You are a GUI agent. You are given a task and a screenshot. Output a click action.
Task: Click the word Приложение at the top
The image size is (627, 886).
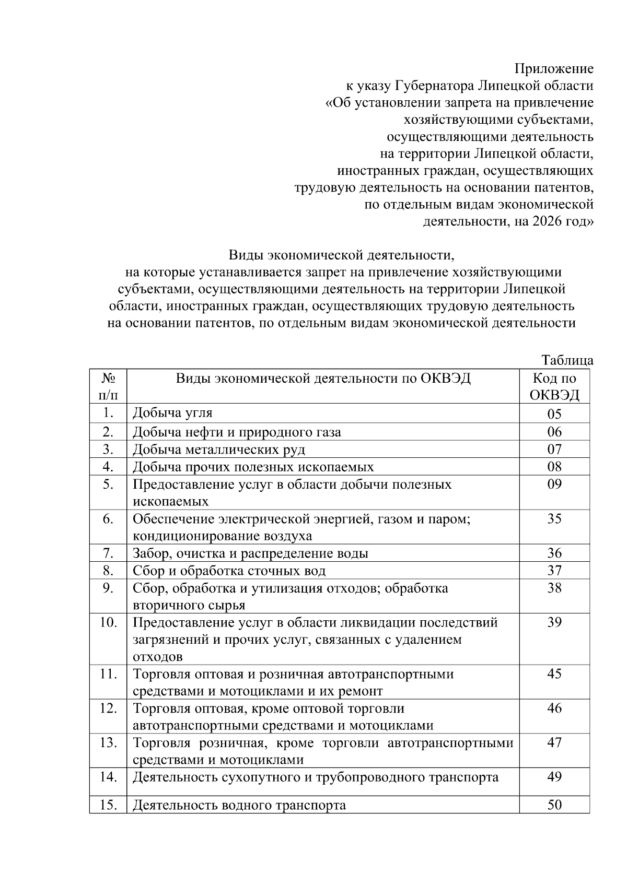tap(554, 69)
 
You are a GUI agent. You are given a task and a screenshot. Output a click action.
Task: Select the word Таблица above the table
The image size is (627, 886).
tap(567, 360)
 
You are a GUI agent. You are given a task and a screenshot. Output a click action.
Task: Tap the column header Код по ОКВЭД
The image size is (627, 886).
tap(554, 386)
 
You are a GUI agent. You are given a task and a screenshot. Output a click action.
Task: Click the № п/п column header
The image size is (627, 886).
tap(108, 386)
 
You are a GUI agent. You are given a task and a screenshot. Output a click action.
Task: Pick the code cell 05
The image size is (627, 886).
tap(554, 414)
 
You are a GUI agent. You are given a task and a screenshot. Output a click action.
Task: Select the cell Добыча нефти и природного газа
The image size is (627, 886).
tap(237, 432)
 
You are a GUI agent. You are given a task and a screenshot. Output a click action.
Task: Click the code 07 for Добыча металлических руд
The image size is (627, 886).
tap(554, 449)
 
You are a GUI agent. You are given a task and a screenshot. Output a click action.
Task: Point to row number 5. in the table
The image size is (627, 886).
tap(108, 484)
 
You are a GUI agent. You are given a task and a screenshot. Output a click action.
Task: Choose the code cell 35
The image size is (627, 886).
tap(554, 518)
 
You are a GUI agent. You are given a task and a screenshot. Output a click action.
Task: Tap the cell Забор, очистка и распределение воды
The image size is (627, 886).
tap(250, 553)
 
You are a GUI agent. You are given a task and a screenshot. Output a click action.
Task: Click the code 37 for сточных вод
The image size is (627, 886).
tap(554, 571)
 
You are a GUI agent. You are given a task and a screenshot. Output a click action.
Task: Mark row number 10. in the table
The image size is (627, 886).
tap(108, 622)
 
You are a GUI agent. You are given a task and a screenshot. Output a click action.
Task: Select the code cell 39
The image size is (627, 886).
tap(554, 622)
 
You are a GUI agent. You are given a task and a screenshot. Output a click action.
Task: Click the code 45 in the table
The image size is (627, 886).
tap(554, 674)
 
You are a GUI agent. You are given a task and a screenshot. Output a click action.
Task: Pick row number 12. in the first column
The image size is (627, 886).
tap(108, 708)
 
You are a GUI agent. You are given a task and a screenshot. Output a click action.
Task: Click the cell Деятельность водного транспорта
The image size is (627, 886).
tap(239, 805)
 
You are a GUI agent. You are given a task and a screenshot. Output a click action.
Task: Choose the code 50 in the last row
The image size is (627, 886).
tap(554, 805)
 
